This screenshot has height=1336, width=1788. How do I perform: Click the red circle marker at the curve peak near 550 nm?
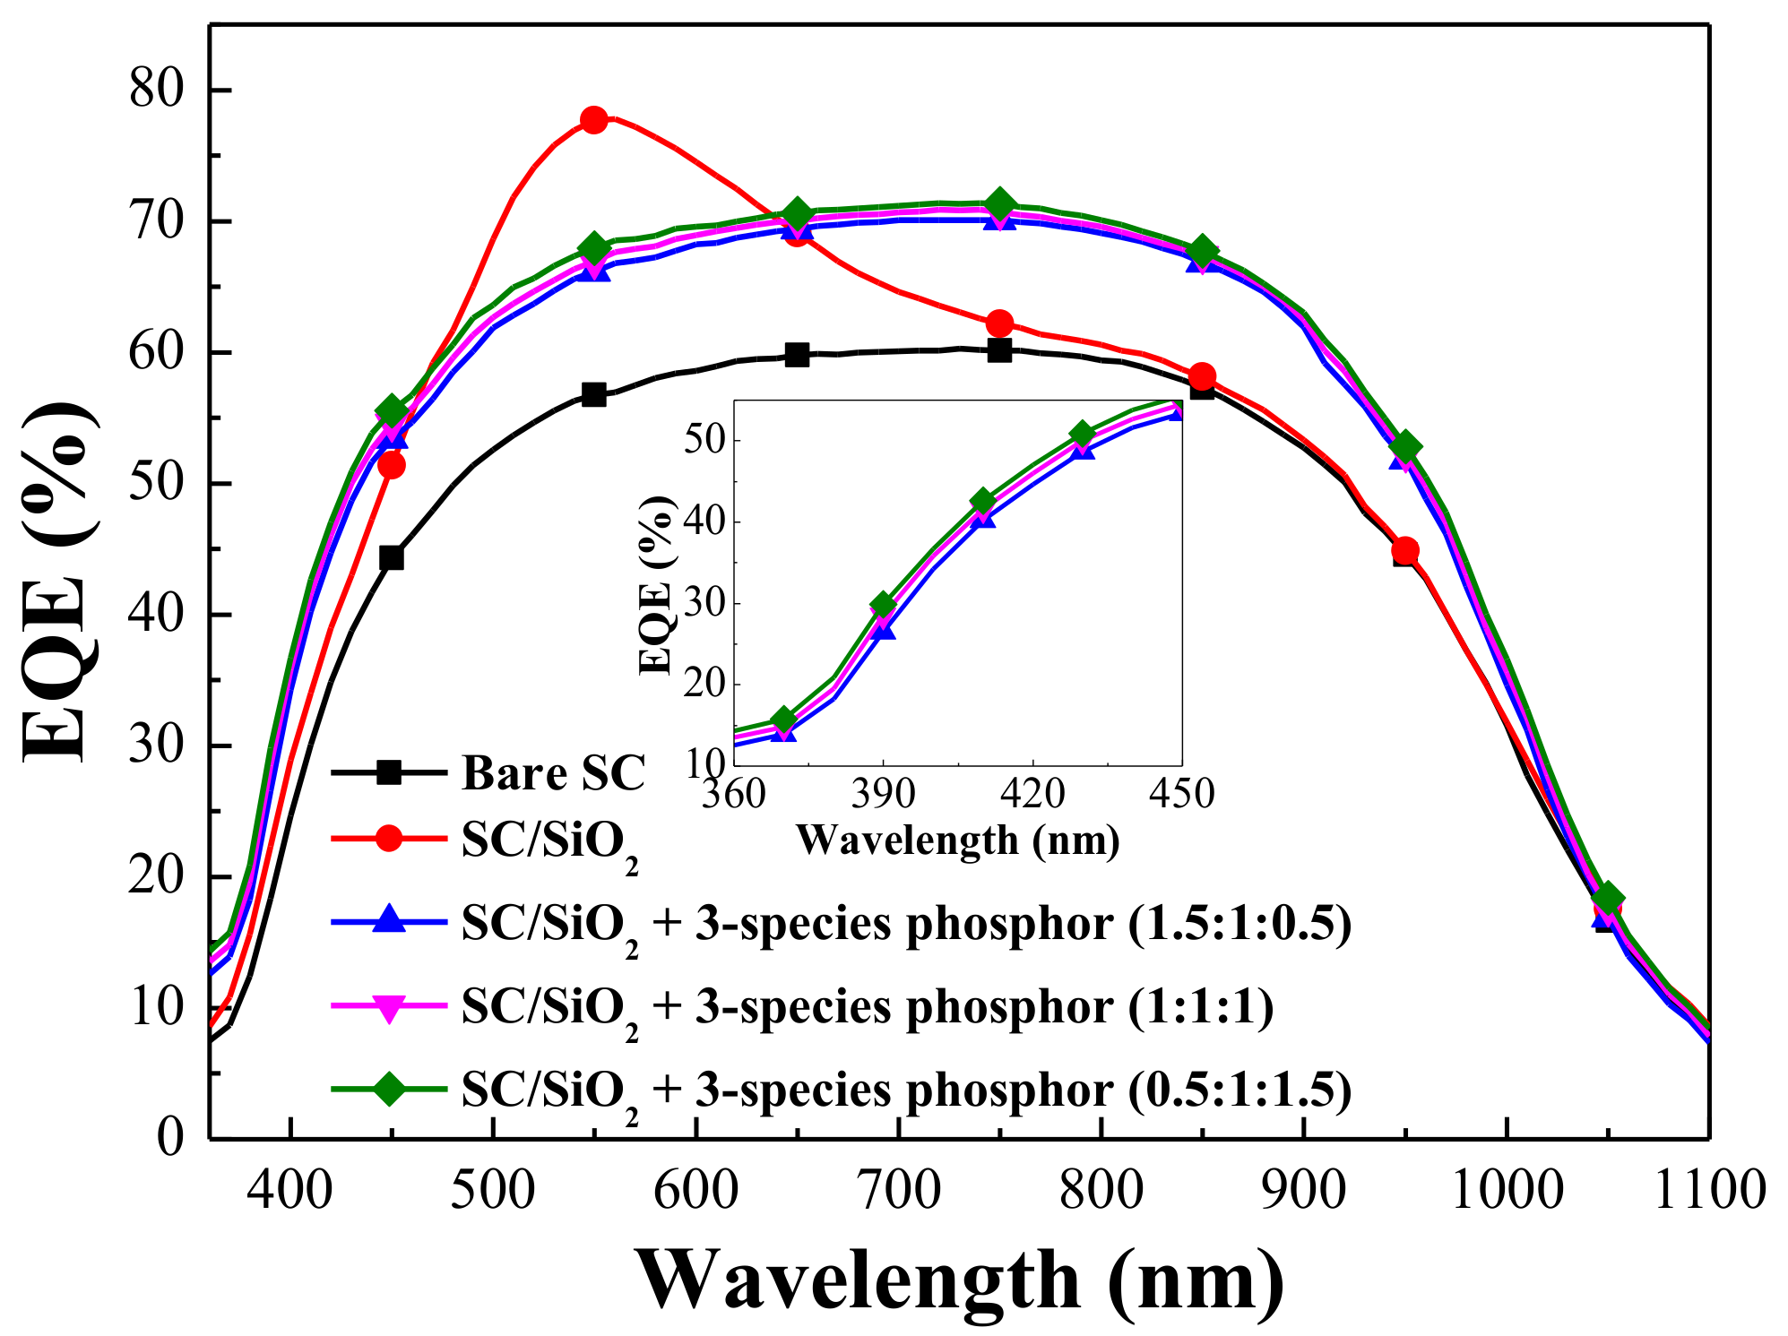click(x=593, y=120)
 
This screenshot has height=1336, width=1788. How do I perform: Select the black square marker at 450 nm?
click(x=392, y=558)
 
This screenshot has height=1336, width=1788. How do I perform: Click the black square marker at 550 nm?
click(x=593, y=394)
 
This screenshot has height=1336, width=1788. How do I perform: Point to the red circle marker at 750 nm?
click(x=1000, y=323)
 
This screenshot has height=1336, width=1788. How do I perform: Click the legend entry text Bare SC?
click(x=553, y=772)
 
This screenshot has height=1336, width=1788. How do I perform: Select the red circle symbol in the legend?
click(x=388, y=839)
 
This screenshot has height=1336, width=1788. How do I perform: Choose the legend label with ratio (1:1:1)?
click(x=867, y=1007)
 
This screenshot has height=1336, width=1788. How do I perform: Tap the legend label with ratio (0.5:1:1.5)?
click(x=905, y=1090)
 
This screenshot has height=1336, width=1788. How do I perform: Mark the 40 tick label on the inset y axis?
click(x=704, y=521)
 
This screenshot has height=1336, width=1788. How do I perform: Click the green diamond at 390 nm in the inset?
click(x=884, y=605)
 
